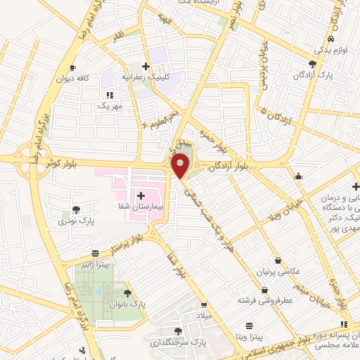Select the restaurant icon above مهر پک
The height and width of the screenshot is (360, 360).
(x=110, y=94)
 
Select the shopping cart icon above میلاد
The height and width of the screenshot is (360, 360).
(x=204, y=306)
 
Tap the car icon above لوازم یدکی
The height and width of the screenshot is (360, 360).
(x=330, y=39)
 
